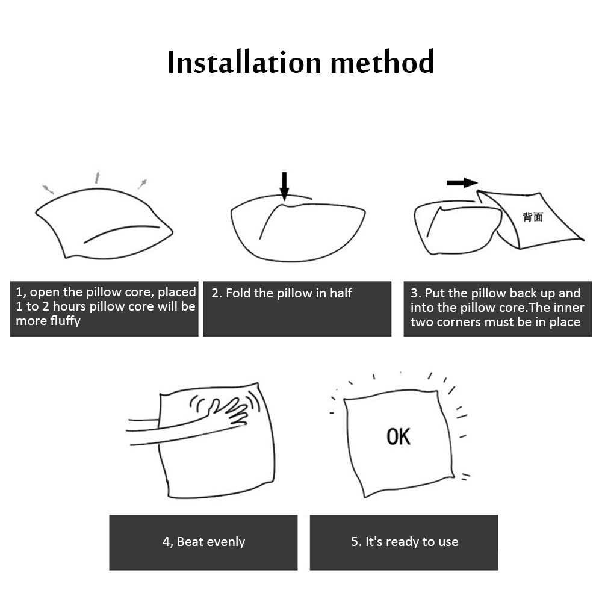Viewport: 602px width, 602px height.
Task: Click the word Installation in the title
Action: coord(244,62)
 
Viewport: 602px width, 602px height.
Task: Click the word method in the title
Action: coord(382,62)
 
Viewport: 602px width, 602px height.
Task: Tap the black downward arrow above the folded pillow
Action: coord(284,186)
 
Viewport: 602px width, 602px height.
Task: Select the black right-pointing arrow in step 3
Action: coord(462,183)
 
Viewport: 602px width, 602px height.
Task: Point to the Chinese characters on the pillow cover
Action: coord(533,217)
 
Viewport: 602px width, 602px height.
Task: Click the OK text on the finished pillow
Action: coord(399,436)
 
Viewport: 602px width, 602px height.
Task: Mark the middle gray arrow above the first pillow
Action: coord(98,178)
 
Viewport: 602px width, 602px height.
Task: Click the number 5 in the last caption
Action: coord(355,542)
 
